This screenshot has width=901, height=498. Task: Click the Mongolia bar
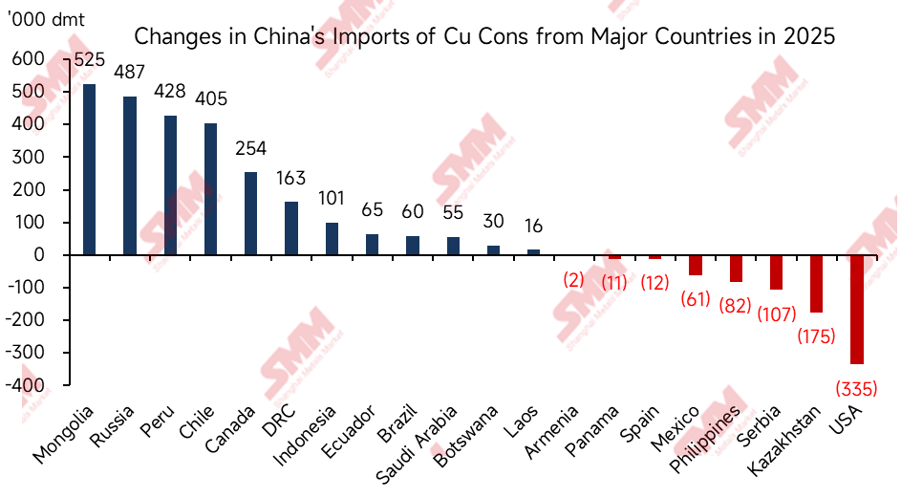click(x=90, y=170)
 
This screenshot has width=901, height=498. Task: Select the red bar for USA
click(x=857, y=310)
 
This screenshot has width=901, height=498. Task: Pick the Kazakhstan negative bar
click(x=816, y=284)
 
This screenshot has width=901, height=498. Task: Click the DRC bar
click(x=291, y=228)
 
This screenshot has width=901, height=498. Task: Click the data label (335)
click(x=854, y=389)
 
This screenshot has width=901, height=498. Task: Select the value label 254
click(x=250, y=149)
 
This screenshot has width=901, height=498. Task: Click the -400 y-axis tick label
click(x=27, y=385)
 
